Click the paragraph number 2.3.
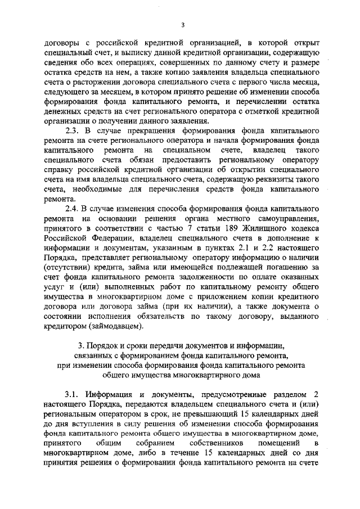coord(74,130)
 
